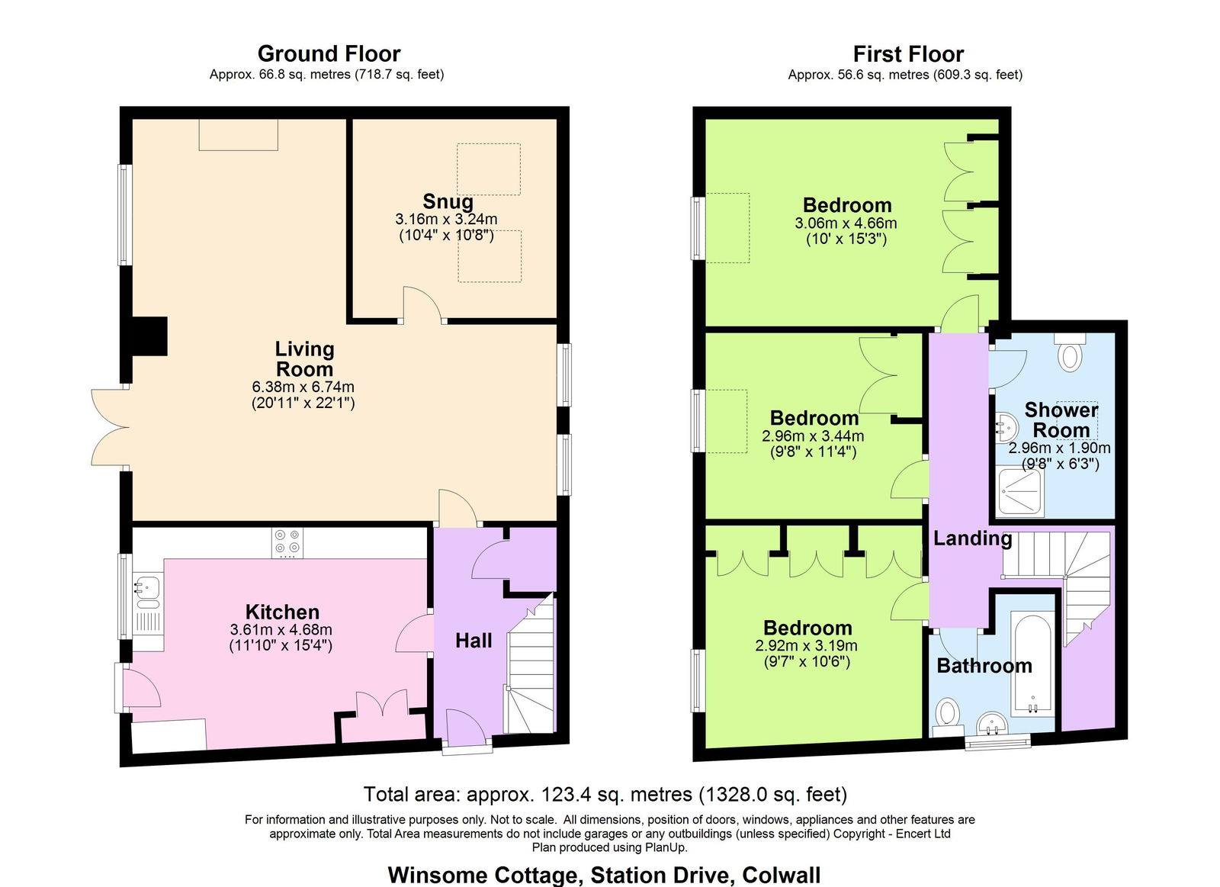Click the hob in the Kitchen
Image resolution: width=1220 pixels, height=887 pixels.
pos(287,543)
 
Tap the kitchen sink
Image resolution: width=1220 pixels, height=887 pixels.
pos(146,593)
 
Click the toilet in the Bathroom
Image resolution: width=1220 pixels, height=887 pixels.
pos(949,715)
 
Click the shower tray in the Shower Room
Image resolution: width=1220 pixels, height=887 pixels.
pos(1021,492)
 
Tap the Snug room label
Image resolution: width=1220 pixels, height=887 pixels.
pos(448,201)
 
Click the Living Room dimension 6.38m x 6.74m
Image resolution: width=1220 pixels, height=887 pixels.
pos(303,387)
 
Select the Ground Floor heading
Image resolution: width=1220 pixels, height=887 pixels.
pos(329,54)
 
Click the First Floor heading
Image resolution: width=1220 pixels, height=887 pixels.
pos(908,54)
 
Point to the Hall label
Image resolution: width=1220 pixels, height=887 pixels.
pos(474,641)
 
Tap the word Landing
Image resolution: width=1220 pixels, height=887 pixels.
pos(973,538)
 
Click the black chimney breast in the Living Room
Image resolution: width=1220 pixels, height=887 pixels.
pos(149,336)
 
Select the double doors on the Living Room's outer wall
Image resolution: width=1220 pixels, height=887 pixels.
pos(110,428)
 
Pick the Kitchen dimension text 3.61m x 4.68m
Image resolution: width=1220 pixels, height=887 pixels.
pos(281,630)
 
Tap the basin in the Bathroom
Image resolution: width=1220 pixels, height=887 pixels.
pos(992,724)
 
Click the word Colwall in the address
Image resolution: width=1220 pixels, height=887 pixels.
pos(782,876)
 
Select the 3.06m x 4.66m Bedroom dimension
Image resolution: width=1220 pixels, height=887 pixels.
pos(846,223)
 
